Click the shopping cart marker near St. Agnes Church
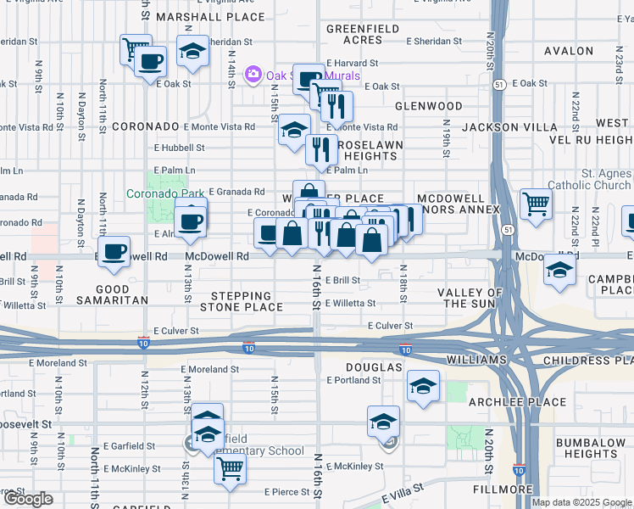point(536,204)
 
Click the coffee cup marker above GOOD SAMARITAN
point(114,252)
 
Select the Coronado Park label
point(165,193)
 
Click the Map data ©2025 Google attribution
point(581,502)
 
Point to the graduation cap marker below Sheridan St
point(193,51)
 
